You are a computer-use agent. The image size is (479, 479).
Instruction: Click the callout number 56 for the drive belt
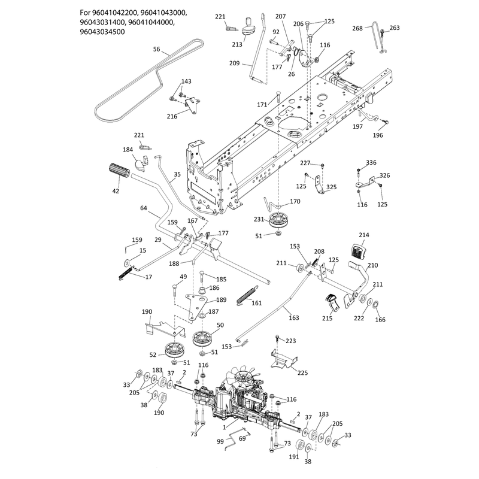(157, 49)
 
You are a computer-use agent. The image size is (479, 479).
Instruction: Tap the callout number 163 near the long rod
(293, 318)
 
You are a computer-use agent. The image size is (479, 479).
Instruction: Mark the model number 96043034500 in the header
(102, 32)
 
